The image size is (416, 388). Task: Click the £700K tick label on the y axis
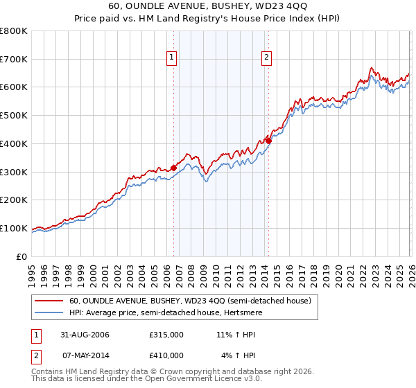(x=14, y=59)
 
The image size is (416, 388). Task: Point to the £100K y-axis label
(x=14, y=228)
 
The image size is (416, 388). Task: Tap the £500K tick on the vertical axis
(x=14, y=116)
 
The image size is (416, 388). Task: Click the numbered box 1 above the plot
(x=171, y=58)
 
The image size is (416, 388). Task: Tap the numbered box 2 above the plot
(x=266, y=58)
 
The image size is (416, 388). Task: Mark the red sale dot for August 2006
(x=174, y=167)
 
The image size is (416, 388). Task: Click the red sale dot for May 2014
(x=268, y=141)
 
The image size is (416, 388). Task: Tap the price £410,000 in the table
(x=166, y=355)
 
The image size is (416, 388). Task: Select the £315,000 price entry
(x=166, y=335)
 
